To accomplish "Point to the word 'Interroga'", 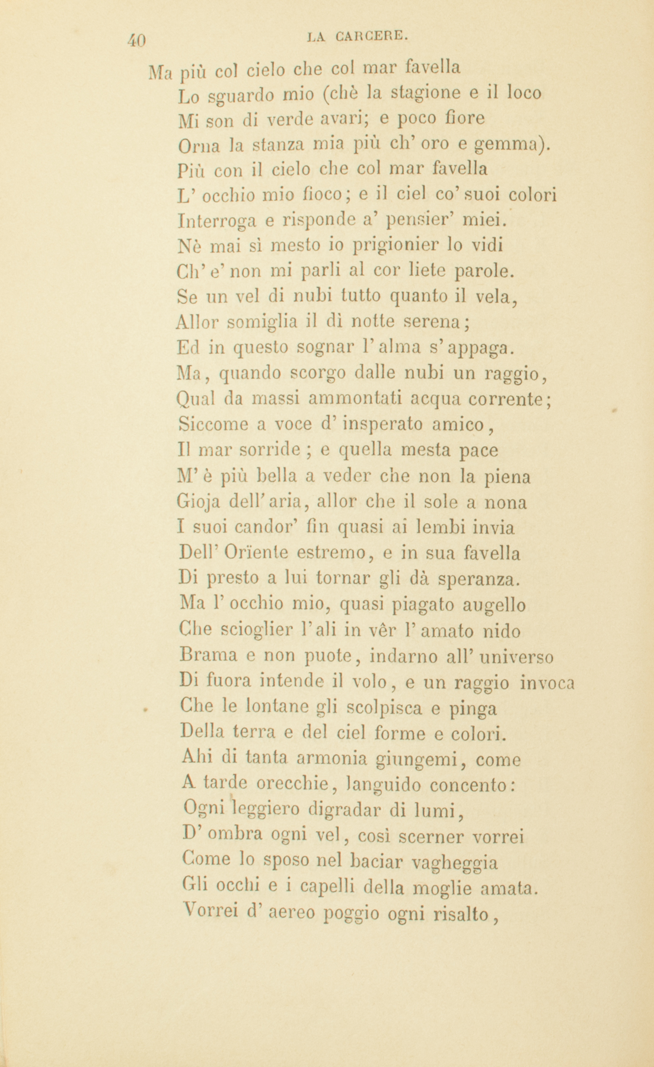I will [218, 221].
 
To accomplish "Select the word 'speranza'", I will [479, 577].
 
